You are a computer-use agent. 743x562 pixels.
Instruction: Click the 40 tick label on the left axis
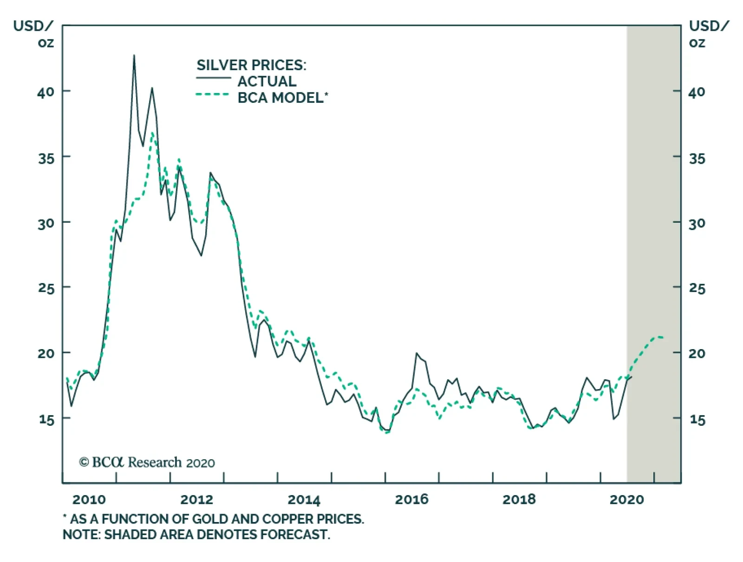46,92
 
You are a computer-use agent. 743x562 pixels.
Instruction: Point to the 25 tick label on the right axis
697,289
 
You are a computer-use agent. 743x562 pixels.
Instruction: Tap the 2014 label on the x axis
304,500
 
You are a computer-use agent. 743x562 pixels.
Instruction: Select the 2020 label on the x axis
626,500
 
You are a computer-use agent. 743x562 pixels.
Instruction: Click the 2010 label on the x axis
89,500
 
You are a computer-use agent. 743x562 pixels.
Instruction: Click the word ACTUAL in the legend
267,81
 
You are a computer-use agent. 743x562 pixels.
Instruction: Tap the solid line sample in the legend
213,78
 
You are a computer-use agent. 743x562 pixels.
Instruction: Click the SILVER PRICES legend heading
251,65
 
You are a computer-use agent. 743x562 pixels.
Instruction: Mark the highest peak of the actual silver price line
134,56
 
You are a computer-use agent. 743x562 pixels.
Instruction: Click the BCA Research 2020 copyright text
147,463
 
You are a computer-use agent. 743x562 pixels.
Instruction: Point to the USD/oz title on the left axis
33,34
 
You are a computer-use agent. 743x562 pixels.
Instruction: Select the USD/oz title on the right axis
708,34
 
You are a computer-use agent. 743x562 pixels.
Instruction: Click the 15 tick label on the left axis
46,419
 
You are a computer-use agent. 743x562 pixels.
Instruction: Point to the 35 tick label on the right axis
697,159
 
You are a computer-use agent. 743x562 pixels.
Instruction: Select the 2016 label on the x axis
411,500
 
